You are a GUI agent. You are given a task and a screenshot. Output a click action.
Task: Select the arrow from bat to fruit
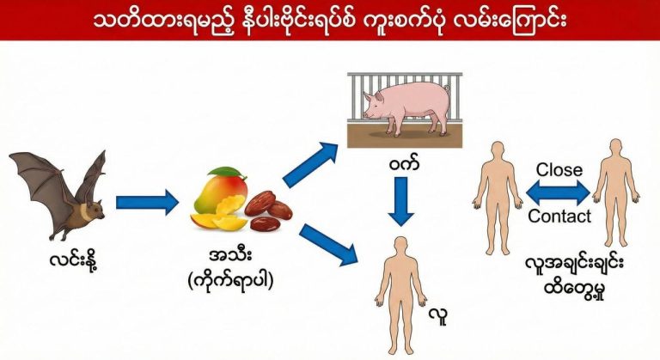[x=147, y=203]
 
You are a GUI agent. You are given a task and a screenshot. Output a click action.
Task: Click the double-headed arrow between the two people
[x=559, y=192]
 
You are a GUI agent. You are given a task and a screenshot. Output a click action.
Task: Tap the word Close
[x=559, y=169]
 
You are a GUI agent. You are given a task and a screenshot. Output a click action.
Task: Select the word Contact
[x=559, y=217]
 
